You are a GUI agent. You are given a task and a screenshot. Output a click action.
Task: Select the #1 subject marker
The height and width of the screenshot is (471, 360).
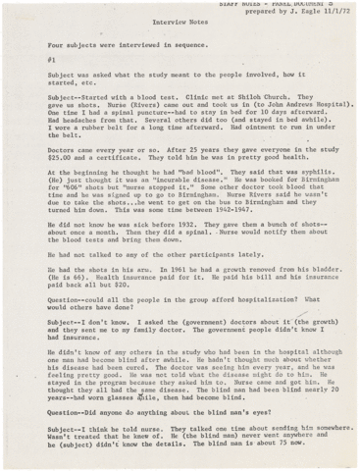52,60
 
